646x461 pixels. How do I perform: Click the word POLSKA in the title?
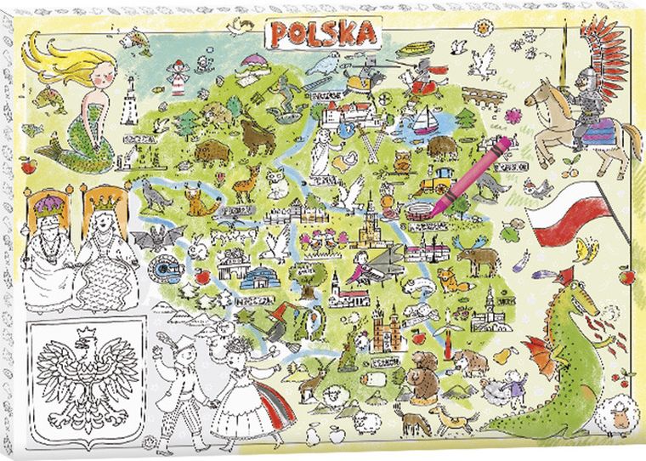tap(323, 33)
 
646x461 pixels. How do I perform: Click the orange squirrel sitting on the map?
tap(198, 201)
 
